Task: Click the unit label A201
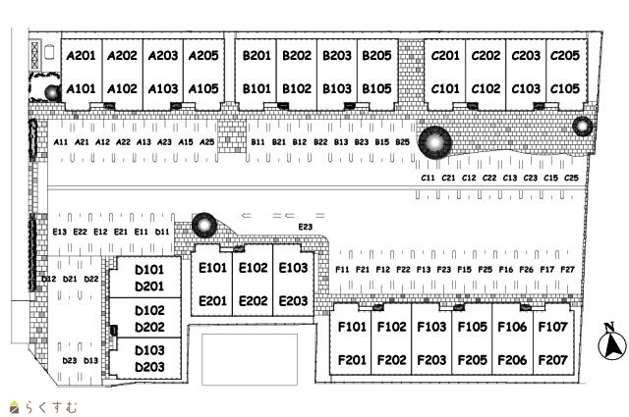[x=81, y=56]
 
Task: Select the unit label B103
[x=337, y=88]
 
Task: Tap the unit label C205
[x=565, y=56]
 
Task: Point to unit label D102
[x=149, y=310]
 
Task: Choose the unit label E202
[x=253, y=301]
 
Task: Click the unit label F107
[x=553, y=327]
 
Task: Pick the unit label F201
[x=352, y=360]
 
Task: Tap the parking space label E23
[x=305, y=228]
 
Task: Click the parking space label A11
[x=61, y=142]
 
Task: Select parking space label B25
[x=402, y=142]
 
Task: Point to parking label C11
[x=428, y=178]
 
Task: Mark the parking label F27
[x=567, y=269]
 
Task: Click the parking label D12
[x=48, y=280]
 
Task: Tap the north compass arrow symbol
[x=610, y=343]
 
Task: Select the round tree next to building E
[x=202, y=226]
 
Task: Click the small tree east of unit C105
[x=582, y=126]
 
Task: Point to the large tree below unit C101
[x=433, y=143]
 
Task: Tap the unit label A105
[x=203, y=88]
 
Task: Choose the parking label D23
[x=69, y=361]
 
